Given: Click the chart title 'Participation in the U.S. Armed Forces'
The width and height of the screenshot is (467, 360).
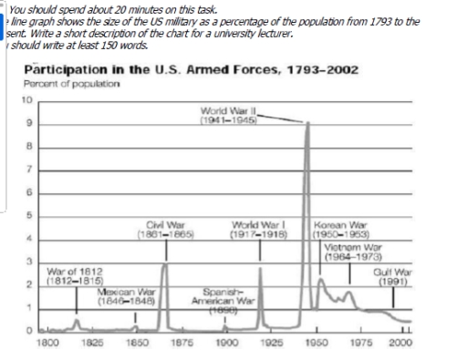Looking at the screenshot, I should coord(191,69).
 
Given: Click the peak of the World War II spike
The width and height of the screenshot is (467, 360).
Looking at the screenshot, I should coord(307,120).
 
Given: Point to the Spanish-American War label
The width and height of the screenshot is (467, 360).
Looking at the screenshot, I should coord(216,301).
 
